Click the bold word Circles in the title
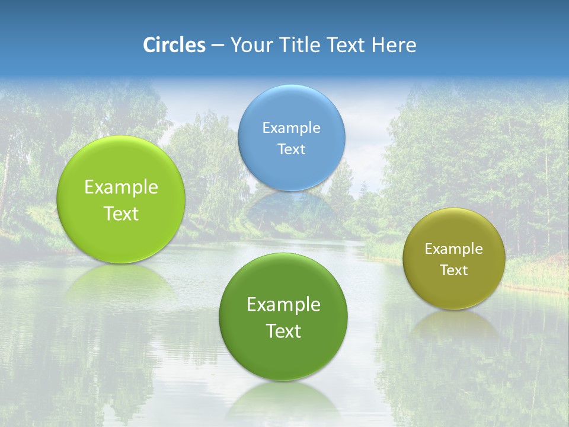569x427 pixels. tap(174, 45)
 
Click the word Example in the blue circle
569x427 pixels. tap(292, 128)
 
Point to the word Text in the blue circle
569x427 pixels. tap(292, 149)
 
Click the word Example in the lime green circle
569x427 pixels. tap(121, 187)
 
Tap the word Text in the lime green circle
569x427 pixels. tap(121, 213)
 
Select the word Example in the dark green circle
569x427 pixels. tap(283, 305)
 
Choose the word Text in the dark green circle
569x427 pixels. tap(283, 331)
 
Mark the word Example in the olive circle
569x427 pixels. tap(454, 249)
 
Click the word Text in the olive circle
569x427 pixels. tap(454, 270)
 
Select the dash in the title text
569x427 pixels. tap(218, 46)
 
